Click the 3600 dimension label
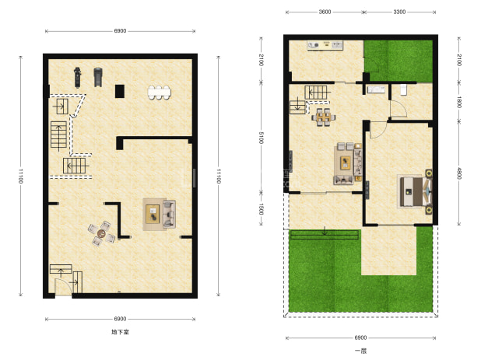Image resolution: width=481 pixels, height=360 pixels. click(x=325, y=12)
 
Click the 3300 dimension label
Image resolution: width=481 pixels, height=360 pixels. click(x=399, y=12)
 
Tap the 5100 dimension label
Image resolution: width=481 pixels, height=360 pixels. click(x=261, y=138)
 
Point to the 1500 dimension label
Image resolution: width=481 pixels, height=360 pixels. click(x=261, y=209)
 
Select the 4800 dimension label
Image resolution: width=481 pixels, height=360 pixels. click(x=459, y=173)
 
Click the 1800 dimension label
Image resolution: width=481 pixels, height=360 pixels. click(x=459, y=102)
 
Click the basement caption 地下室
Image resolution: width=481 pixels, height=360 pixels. click(x=120, y=332)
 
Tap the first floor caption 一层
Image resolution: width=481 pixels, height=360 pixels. click(x=361, y=351)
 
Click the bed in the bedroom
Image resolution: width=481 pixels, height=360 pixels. click(x=414, y=191)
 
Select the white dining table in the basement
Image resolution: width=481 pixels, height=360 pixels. click(x=160, y=93)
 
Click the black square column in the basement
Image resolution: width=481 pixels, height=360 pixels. click(x=120, y=91)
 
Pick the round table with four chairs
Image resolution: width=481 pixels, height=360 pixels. click(x=101, y=233)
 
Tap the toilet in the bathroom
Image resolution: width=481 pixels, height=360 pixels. click(x=403, y=89)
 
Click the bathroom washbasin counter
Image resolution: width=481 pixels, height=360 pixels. click(x=376, y=89)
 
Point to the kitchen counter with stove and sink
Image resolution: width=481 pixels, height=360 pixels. click(x=325, y=45)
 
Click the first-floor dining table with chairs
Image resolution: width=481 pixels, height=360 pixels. click(x=323, y=117)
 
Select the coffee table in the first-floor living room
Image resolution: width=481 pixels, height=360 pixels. click(x=346, y=163)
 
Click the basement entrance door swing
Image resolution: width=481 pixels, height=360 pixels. click(x=63, y=286)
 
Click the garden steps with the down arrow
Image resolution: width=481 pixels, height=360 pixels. click(x=325, y=235)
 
